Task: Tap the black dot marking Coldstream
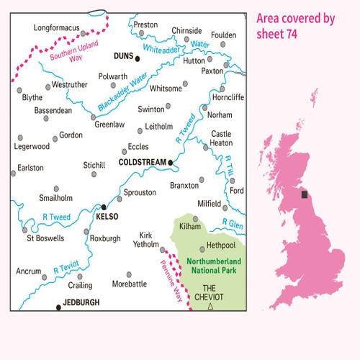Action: pyautogui.click(x=171, y=163)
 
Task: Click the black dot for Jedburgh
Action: pyautogui.click(x=58, y=307)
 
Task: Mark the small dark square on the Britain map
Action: pyautogui.click(x=305, y=194)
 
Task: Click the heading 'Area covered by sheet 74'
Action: pyautogui.click(x=297, y=27)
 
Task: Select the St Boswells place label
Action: pyautogui.click(x=45, y=238)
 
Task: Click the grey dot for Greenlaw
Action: pyautogui.click(x=94, y=117)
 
